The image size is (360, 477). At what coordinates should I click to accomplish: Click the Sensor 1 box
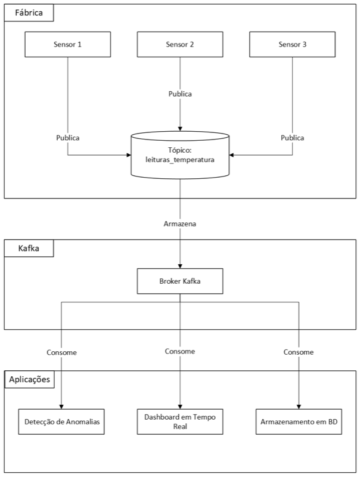click(67, 44)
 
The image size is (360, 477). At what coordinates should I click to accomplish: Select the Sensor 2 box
click(180, 44)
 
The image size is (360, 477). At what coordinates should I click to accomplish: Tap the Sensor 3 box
click(292, 44)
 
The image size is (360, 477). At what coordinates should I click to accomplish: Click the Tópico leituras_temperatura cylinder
click(180, 155)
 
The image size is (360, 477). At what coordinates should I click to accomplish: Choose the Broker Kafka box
click(180, 281)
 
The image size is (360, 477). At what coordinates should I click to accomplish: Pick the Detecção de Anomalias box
click(61, 422)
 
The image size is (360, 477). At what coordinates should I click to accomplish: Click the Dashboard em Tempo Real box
click(180, 422)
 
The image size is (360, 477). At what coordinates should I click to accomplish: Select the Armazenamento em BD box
click(299, 422)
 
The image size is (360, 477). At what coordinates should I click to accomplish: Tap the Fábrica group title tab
click(29, 13)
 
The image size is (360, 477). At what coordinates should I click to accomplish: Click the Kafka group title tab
click(29, 248)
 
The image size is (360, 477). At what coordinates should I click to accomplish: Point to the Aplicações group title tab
click(29, 379)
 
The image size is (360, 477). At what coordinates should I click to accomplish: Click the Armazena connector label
click(180, 224)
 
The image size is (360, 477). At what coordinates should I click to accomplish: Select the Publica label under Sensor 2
click(180, 94)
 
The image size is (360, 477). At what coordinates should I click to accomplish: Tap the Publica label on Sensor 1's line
click(68, 138)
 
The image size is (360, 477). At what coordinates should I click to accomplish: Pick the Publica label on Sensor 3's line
click(292, 138)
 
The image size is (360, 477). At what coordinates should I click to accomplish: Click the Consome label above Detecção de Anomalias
click(62, 352)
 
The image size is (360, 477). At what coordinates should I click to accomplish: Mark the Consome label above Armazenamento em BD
click(299, 352)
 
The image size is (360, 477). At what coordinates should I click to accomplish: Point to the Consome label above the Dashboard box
click(180, 351)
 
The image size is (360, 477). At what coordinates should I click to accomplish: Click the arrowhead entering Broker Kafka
click(180, 266)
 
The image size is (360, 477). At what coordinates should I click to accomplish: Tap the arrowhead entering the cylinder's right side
click(231, 155)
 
